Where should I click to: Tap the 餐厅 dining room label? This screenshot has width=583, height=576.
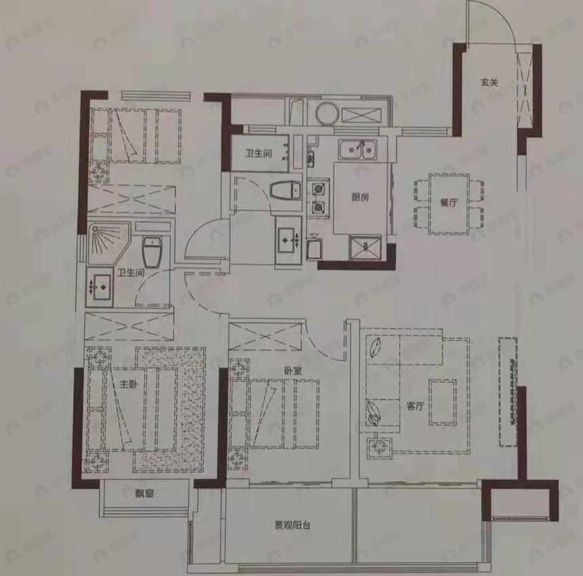[448, 203]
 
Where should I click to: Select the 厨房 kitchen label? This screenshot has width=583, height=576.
[359, 197]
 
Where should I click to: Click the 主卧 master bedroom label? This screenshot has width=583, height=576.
[128, 385]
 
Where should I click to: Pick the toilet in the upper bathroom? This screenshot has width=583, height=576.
[285, 191]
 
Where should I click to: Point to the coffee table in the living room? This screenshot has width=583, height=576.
[442, 401]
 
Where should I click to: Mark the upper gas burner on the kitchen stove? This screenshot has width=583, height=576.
[318, 189]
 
